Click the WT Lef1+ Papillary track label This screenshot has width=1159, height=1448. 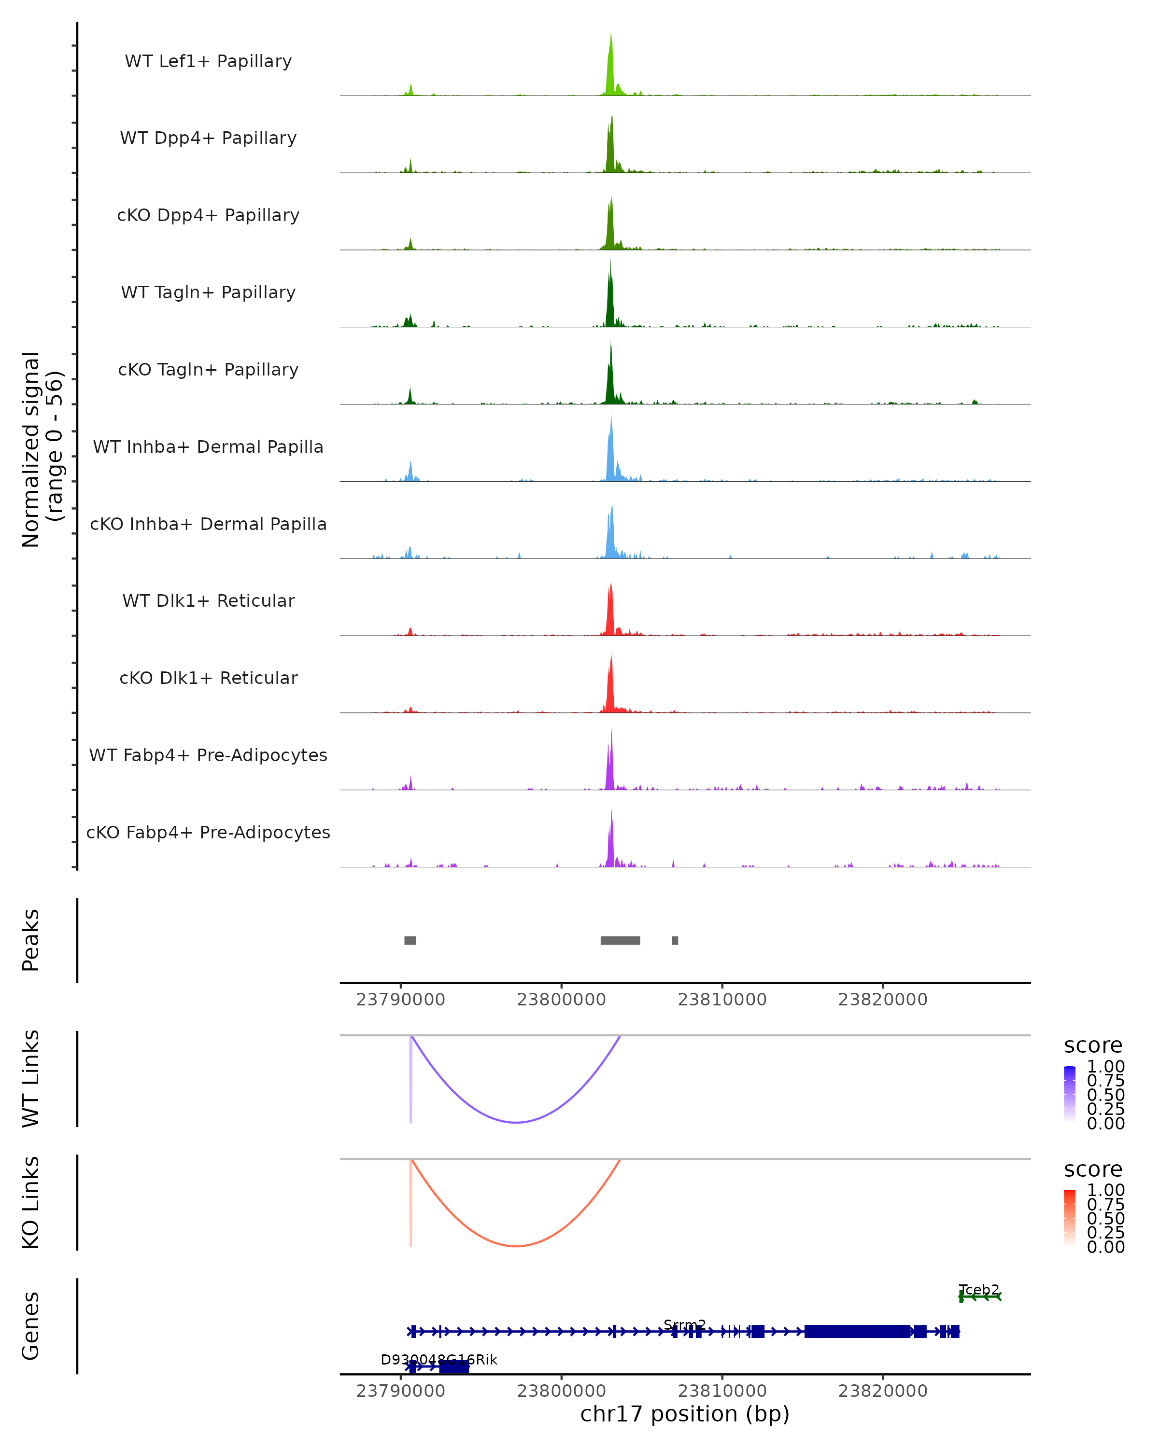point(208,61)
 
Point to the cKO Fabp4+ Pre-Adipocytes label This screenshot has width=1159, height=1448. point(208,832)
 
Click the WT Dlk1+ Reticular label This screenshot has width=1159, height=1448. point(208,600)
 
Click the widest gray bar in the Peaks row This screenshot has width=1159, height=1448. point(620,940)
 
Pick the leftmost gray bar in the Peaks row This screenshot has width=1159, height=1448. point(410,940)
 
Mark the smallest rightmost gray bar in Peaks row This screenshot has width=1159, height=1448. point(675,940)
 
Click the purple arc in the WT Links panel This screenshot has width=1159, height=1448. point(515,1122)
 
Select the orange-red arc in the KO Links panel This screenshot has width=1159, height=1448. point(515,1246)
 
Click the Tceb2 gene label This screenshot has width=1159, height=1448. point(979,1290)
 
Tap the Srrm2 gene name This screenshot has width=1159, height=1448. point(685,1324)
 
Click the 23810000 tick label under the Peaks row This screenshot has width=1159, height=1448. point(722,1000)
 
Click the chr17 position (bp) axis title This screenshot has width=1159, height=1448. point(685,1414)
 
